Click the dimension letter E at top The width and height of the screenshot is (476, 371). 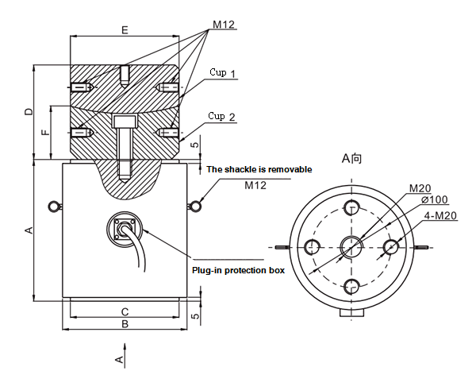124,29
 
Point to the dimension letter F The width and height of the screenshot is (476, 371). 44,132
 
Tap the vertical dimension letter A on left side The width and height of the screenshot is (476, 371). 29,230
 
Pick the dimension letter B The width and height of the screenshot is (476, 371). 125,324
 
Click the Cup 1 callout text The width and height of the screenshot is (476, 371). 223,73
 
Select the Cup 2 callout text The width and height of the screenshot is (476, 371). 222,117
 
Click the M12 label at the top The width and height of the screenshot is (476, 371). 224,24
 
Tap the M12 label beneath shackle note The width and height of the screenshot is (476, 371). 255,186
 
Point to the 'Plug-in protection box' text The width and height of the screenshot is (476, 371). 238,270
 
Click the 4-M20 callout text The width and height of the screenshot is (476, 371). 441,215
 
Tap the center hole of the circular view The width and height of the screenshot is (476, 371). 350,246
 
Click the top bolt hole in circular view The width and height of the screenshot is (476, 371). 351,208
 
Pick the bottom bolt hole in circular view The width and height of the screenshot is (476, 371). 351,286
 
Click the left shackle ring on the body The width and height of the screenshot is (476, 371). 54,207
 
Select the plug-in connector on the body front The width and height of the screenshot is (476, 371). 123,229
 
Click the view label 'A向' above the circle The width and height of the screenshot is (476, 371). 351,159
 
